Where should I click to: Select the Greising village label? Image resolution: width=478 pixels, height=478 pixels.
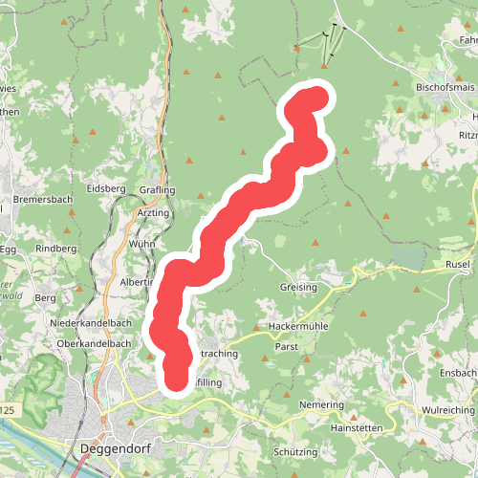click(299, 286)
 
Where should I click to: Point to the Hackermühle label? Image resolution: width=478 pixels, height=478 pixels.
click(298, 326)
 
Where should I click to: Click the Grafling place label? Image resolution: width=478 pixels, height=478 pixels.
click(158, 189)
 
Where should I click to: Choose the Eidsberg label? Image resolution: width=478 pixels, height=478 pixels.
click(105, 188)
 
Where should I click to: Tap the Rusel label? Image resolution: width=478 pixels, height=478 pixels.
click(460, 263)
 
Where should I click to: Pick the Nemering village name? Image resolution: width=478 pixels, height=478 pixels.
click(320, 405)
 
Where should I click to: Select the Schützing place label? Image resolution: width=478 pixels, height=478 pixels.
click(294, 451)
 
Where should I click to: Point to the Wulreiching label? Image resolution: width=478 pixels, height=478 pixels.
click(447, 409)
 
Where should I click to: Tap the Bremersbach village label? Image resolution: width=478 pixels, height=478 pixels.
click(43, 200)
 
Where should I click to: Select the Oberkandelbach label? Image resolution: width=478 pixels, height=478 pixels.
click(94, 343)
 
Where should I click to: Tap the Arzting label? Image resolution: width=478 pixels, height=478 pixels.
click(153, 212)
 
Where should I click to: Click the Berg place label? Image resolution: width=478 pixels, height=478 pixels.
click(46, 298)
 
